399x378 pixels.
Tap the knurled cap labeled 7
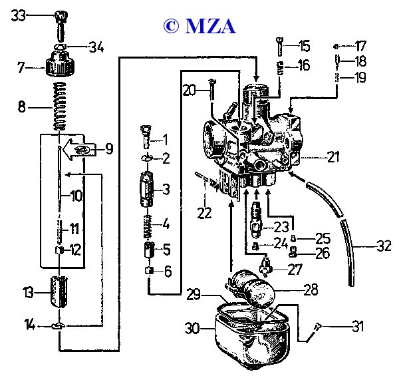point(59,66)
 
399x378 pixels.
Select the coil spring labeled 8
point(61,106)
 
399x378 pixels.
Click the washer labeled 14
point(59,326)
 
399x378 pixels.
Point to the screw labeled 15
point(282,47)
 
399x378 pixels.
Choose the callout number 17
point(360,47)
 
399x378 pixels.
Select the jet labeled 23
point(257,220)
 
